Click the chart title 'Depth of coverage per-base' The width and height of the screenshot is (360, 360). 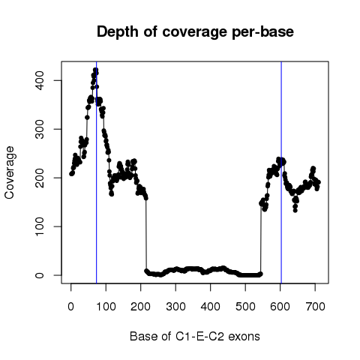[x=195, y=32]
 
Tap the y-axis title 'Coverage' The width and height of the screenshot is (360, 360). [x=9, y=172]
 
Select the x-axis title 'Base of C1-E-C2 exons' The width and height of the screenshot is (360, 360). [x=195, y=337]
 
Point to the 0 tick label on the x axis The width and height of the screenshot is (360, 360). [x=71, y=307]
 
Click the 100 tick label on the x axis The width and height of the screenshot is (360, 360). [x=106, y=307]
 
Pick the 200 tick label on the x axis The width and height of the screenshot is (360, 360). [x=140, y=307]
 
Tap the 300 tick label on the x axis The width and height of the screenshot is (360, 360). [x=175, y=307]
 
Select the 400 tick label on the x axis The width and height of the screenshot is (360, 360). [x=211, y=307]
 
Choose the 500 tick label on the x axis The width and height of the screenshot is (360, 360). [x=245, y=307]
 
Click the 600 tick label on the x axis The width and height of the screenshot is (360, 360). [x=280, y=307]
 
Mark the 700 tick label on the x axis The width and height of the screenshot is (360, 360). [x=315, y=307]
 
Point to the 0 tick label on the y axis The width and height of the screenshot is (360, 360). [x=40, y=275]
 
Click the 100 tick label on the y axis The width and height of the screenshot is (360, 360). [x=40, y=226]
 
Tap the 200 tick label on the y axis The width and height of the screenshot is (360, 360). [x=40, y=178]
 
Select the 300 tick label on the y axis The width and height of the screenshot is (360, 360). [x=40, y=129]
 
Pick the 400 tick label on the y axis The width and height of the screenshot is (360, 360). [x=40, y=80]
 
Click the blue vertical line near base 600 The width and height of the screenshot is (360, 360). [x=281, y=172]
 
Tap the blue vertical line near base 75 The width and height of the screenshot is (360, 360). [x=97, y=172]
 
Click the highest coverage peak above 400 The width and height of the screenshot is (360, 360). [x=95, y=70]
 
